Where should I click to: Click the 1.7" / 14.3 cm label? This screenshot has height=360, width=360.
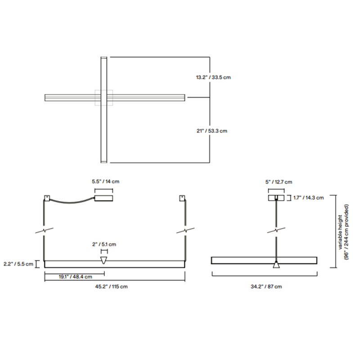(x=308, y=198)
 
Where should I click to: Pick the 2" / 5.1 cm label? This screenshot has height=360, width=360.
(x=104, y=244)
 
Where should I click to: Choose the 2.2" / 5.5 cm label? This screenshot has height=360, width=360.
(x=17, y=264)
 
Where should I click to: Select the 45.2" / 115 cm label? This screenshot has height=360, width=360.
(x=114, y=287)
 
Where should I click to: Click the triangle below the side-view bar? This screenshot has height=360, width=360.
(x=276, y=266)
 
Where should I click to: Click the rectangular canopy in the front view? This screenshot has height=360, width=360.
(x=103, y=199)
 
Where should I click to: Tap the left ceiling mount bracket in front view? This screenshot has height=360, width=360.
(x=46, y=198)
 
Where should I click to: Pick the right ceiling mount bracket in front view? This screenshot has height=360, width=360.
(x=182, y=198)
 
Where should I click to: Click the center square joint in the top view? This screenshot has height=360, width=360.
(x=104, y=97)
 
